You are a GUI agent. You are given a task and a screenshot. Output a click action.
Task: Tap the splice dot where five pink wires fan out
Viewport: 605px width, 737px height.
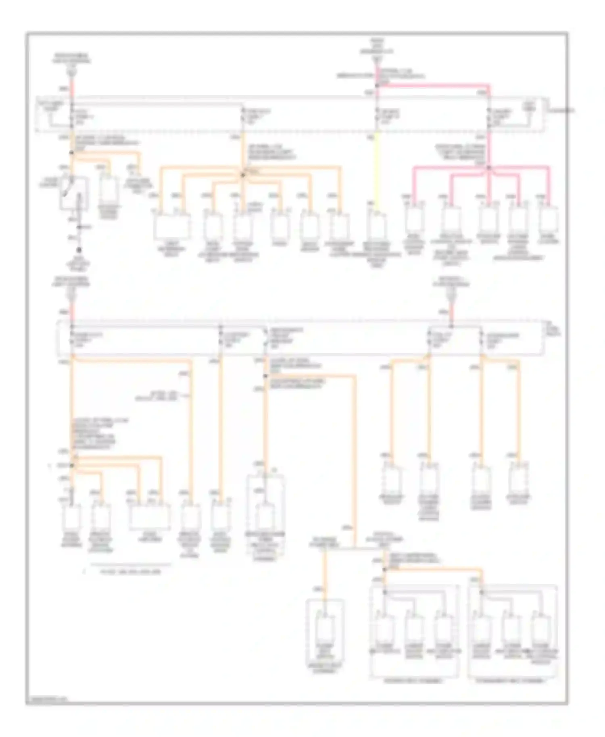[488, 167]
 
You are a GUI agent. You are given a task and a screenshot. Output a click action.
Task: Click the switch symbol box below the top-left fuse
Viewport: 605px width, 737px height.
[73, 194]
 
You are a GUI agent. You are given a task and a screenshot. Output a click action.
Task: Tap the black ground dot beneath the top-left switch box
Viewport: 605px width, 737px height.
[79, 250]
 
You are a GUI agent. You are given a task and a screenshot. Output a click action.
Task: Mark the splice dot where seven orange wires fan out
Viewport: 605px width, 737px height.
[243, 175]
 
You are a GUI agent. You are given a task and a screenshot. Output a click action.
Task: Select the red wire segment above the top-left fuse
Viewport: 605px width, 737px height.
[73, 87]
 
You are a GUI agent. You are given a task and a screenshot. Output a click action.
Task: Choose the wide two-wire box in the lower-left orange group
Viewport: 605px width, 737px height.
[150, 517]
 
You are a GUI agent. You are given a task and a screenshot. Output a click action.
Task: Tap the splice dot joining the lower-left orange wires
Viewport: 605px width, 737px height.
[73, 466]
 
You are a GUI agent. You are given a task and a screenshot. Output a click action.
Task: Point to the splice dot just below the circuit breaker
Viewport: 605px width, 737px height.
[265, 376]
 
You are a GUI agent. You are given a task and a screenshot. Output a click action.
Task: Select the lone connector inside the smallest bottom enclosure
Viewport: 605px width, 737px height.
[325, 629]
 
